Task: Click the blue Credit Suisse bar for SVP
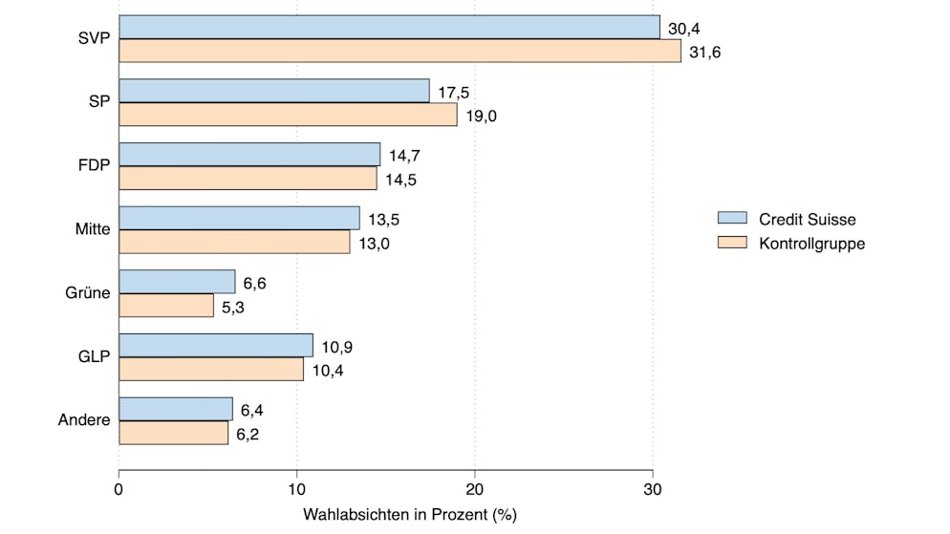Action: click(389, 27)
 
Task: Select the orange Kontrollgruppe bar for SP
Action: click(288, 115)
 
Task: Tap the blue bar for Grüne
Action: click(177, 282)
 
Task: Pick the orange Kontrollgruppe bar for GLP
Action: click(211, 370)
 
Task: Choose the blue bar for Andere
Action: click(176, 409)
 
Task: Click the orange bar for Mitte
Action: click(234, 243)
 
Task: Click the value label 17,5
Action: click(454, 93)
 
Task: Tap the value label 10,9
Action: click(336, 347)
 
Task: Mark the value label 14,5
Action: click(400, 180)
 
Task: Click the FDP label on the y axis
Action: click(94, 165)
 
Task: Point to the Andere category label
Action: click(84, 420)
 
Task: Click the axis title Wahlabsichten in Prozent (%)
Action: click(410, 515)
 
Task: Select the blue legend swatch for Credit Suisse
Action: click(731, 219)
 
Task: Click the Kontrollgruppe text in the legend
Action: click(811, 244)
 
